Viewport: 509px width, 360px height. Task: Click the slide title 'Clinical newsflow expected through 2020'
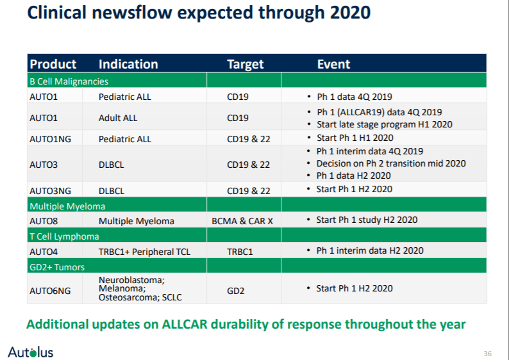199,13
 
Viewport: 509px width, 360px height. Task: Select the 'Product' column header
53,64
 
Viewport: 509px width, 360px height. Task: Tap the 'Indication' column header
128,64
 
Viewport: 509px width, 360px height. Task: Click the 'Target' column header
245,64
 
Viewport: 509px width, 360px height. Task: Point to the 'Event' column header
333,64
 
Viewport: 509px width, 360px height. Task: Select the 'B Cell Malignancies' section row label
69,81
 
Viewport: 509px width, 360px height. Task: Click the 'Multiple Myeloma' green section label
67,206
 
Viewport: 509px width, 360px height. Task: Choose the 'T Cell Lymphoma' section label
64,236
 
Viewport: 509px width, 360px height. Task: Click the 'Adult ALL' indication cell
118,118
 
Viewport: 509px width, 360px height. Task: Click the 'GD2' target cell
236,290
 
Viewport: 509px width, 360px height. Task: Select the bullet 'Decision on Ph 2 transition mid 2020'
391,163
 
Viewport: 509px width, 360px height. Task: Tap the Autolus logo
31,352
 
